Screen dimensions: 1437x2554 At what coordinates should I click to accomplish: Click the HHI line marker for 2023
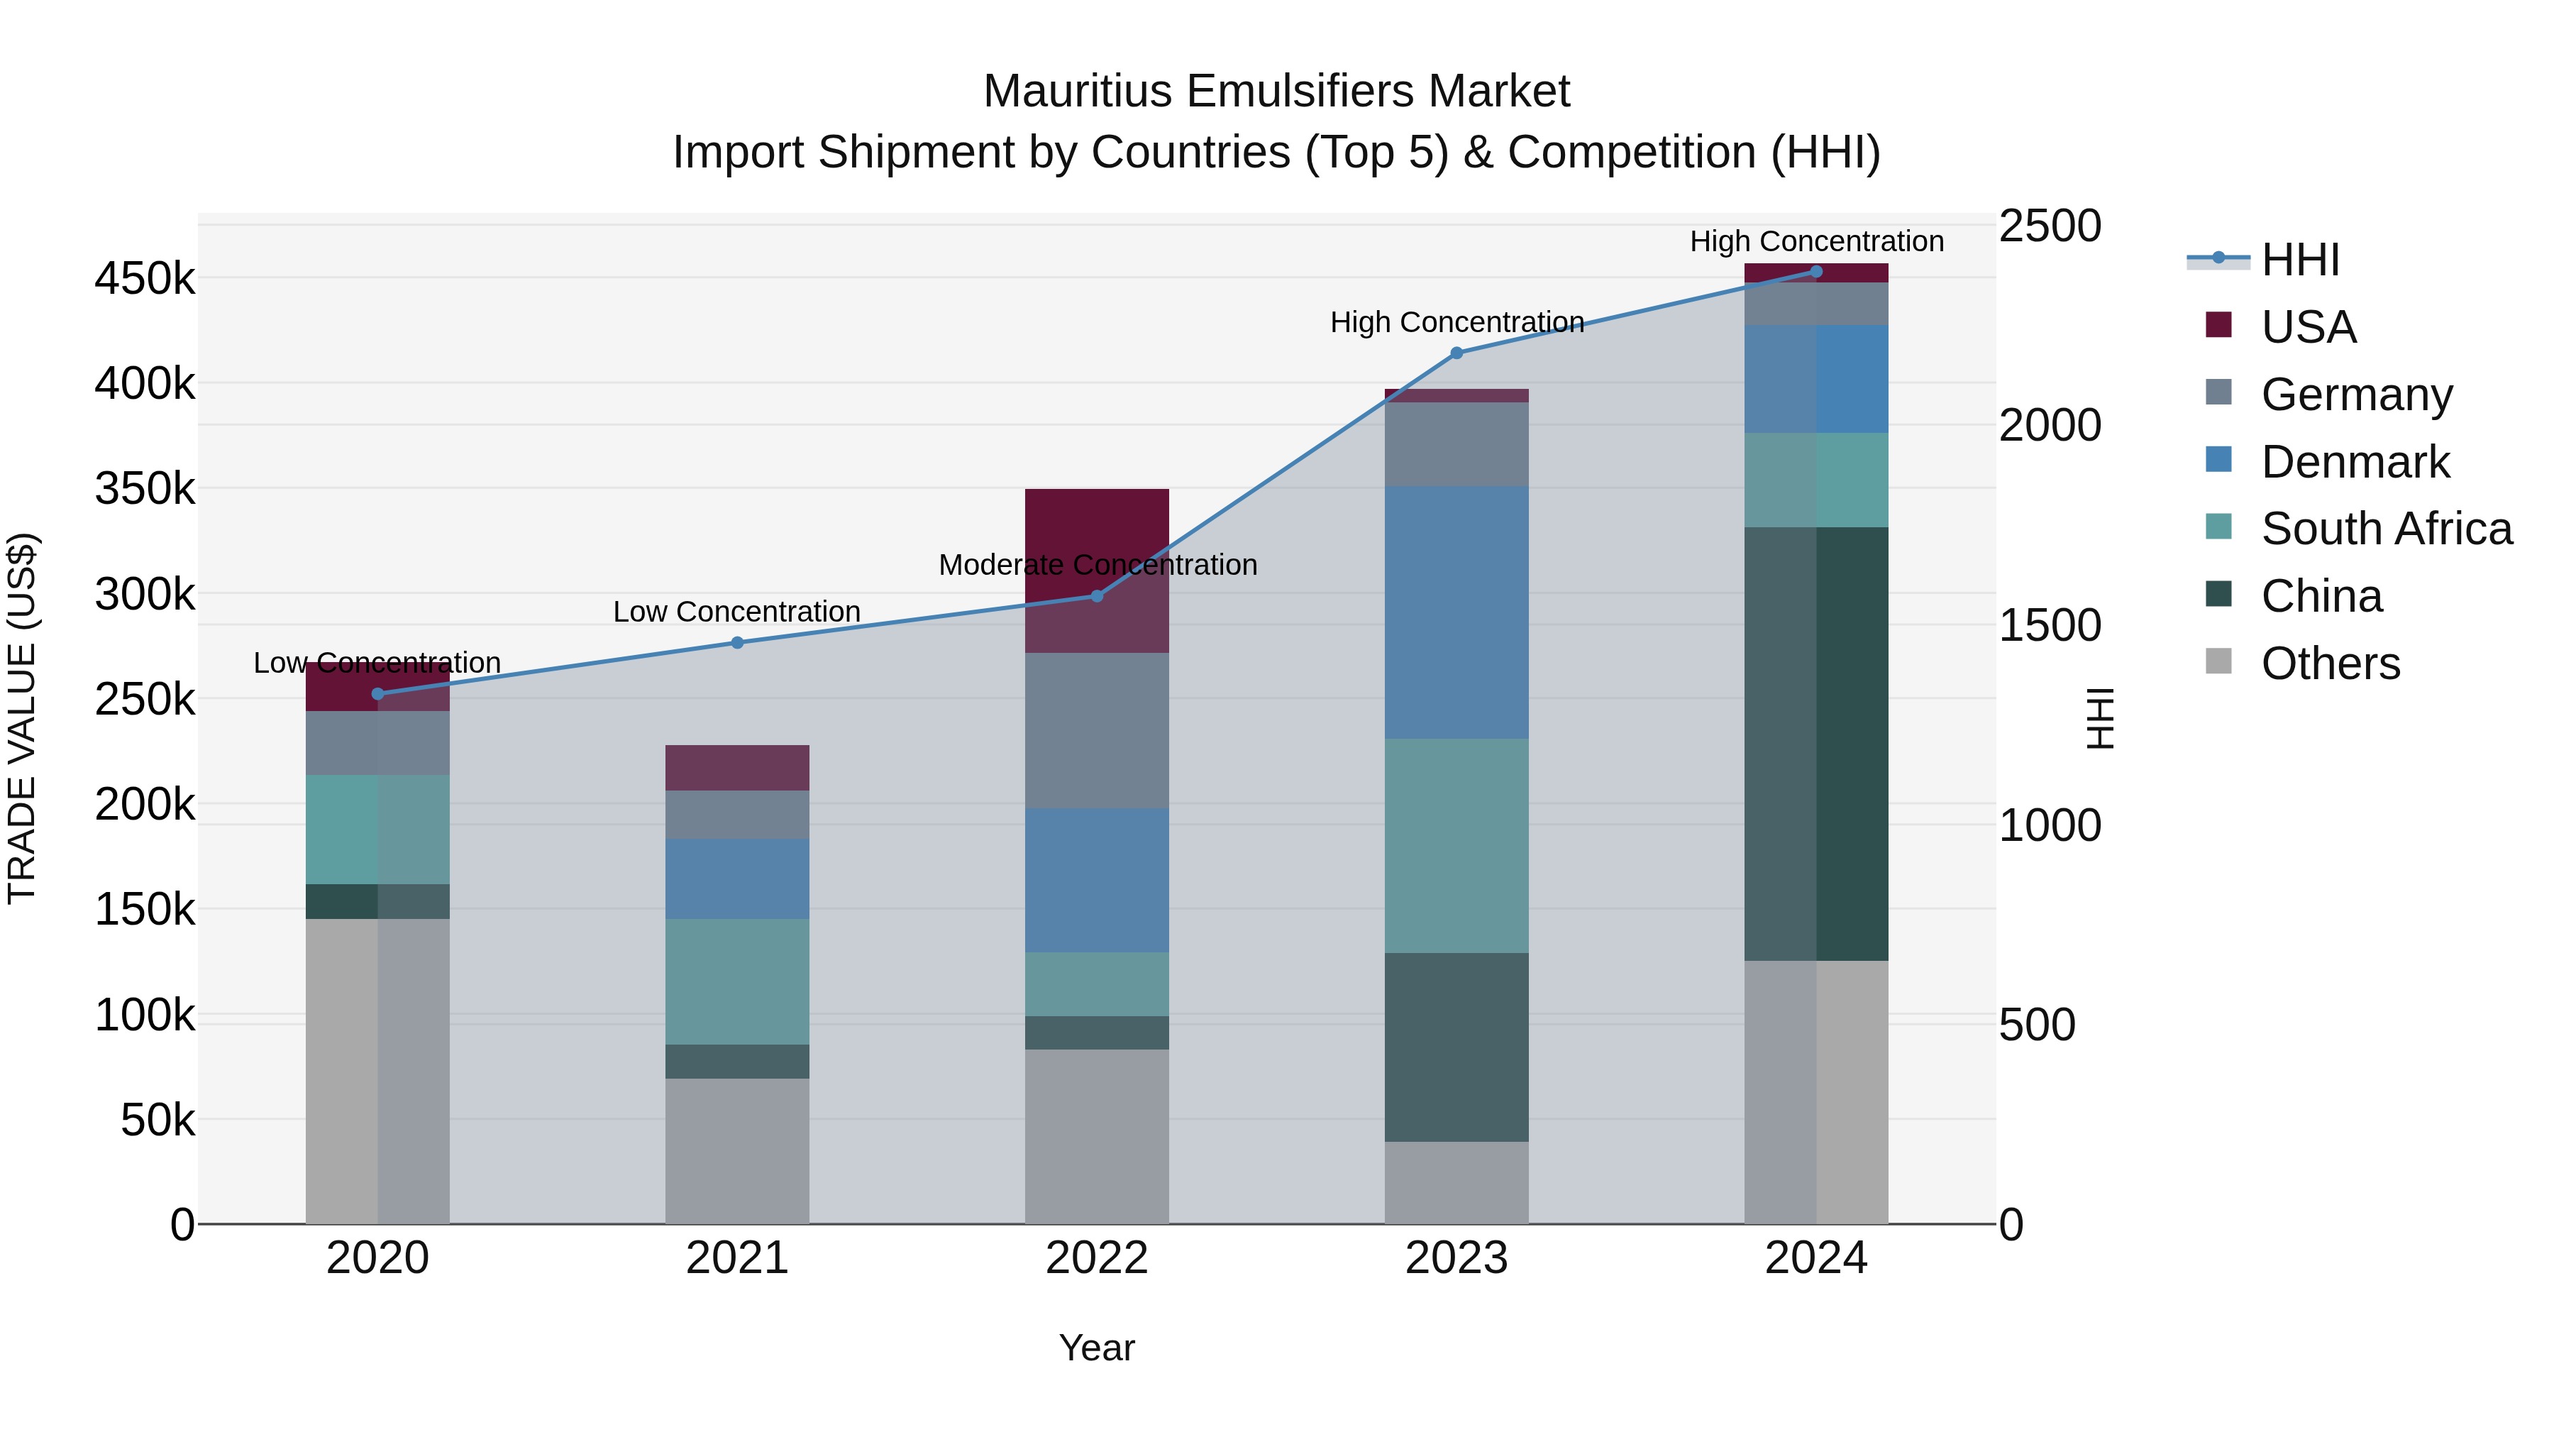[x=1456, y=353]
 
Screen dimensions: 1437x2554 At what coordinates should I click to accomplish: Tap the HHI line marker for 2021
[x=736, y=643]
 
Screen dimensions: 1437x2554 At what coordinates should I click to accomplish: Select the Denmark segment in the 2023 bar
[x=1456, y=612]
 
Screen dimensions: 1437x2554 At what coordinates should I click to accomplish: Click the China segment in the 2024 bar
[x=1816, y=744]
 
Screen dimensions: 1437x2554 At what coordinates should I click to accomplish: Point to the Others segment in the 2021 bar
[x=736, y=1150]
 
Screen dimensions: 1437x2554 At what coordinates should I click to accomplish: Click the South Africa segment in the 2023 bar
[x=1456, y=845]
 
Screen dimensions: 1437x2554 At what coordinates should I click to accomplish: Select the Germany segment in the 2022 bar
[x=1097, y=730]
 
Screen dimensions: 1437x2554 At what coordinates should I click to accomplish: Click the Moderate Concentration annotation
[x=1097, y=566]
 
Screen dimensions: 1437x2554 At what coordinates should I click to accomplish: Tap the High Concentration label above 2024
[x=1816, y=241]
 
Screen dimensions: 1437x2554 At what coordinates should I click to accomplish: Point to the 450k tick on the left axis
[x=145, y=280]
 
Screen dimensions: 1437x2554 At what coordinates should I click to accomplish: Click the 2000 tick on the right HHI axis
[x=2048, y=426]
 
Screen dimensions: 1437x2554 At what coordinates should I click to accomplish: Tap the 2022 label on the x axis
[x=1097, y=1258]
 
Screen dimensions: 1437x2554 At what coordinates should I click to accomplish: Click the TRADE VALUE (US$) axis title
[x=22, y=718]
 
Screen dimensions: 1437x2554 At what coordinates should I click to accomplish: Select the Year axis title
[x=1097, y=1348]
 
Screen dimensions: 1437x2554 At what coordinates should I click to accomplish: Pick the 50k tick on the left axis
[x=157, y=1121]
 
